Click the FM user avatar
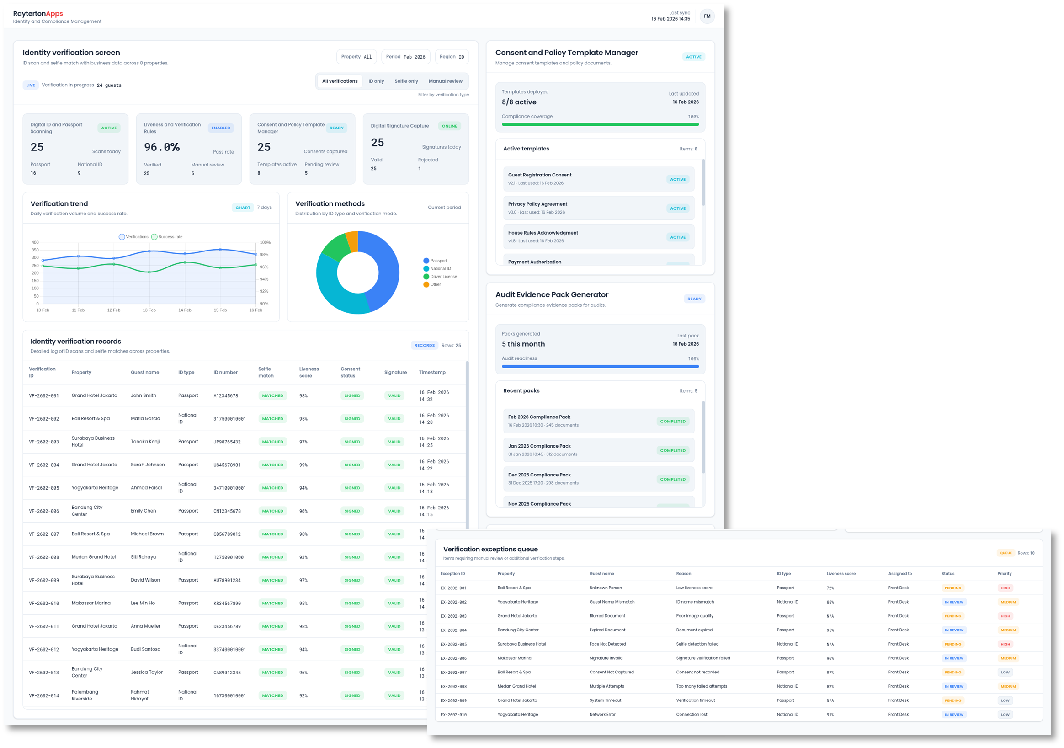(x=707, y=16)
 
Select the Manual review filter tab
(x=445, y=81)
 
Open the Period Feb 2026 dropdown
(x=405, y=57)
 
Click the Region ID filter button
(x=452, y=57)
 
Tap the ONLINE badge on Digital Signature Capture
(x=449, y=126)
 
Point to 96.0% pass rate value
(x=162, y=147)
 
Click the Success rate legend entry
(x=167, y=237)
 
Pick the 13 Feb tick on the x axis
(x=149, y=310)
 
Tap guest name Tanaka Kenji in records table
(x=145, y=442)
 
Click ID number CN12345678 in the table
(x=227, y=511)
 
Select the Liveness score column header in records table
(x=309, y=372)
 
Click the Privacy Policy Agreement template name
(x=537, y=204)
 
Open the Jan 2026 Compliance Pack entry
(x=539, y=446)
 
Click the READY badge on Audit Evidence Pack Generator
(x=694, y=299)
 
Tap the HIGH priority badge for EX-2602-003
(x=1005, y=616)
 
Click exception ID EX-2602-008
(x=453, y=686)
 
